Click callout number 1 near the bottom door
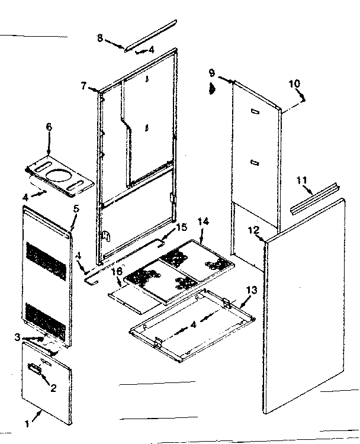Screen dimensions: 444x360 (26, 424)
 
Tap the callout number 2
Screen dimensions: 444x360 (53, 388)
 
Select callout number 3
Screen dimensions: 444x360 (18, 337)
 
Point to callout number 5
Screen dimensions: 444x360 (76, 208)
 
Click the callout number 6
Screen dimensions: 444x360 (49, 127)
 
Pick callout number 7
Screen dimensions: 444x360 (84, 85)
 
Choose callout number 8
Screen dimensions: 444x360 (100, 38)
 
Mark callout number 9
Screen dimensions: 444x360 (211, 73)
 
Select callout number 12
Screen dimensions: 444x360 (253, 230)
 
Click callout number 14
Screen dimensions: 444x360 (203, 221)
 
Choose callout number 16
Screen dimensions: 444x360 (117, 271)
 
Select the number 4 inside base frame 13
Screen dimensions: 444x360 (194, 324)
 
